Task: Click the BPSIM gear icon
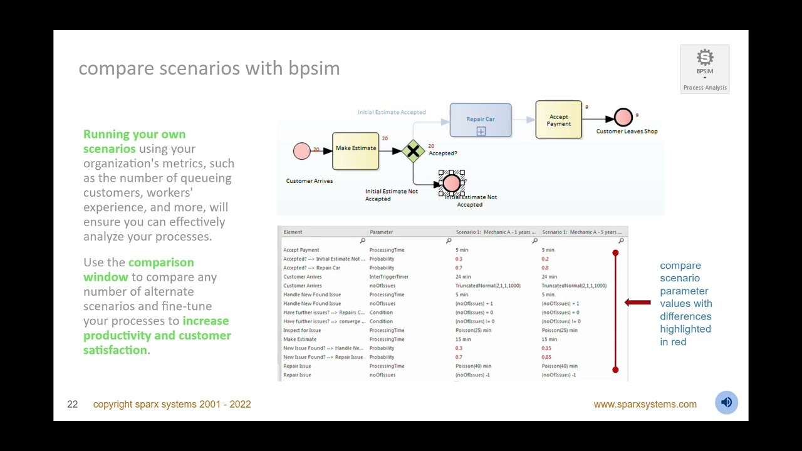point(705,58)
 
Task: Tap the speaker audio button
point(726,403)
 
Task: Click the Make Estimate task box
point(355,151)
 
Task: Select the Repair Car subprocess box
point(481,120)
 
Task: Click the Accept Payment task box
point(558,120)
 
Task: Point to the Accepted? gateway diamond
point(413,151)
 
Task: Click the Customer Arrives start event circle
point(301,151)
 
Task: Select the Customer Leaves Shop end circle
point(623,117)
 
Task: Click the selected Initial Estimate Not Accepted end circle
point(451,184)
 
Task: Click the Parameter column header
point(381,232)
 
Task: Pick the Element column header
point(293,232)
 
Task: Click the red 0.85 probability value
point(546,357)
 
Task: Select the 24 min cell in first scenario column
point(463,277)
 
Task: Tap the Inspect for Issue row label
point(302,330)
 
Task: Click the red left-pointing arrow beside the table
point(638,303)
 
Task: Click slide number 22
point(73,405)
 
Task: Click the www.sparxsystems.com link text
point(645,405)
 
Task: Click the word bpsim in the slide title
point(314,68)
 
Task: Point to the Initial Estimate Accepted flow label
point(392,112)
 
